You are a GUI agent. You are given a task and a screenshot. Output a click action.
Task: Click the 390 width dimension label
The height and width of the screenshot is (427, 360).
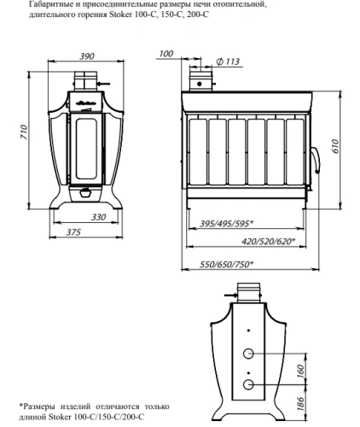(x=87, y=56)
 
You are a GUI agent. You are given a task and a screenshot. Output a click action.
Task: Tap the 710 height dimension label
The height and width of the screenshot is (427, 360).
(x=24, y=132)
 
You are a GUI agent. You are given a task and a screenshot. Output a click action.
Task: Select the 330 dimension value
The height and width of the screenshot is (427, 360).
(x=98, y=217)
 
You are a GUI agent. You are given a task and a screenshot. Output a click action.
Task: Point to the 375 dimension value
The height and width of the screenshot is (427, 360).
(x=73, y=232)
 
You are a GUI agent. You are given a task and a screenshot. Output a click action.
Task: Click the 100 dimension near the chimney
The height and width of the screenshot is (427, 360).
(x=165, y=54)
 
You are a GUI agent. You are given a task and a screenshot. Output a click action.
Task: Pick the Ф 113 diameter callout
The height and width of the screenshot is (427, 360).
(x=228, y=61)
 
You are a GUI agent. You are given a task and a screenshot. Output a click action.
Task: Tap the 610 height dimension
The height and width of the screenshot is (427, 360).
(x=336, y=146)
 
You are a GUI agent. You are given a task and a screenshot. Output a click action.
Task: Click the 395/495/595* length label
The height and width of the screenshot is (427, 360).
(x=226, y=224)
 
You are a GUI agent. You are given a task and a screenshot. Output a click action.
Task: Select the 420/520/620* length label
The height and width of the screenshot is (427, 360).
(x=268, y=242)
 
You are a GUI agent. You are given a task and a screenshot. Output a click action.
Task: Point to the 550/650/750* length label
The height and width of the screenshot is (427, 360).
(x=226, y=265)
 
